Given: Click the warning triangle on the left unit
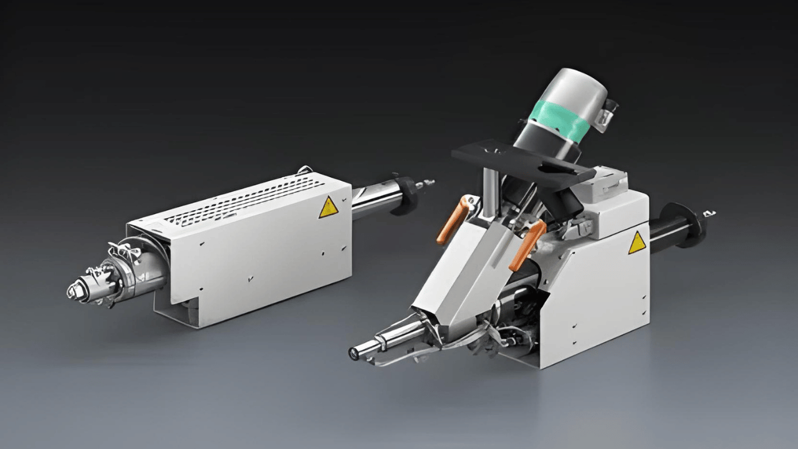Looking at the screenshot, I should coord(329,208).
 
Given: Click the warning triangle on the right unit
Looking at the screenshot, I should coord(637,243).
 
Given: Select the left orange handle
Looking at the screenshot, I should coord(452,220).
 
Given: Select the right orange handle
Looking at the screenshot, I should coord(527,244).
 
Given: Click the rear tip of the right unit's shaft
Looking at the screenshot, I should coord(710,214).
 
